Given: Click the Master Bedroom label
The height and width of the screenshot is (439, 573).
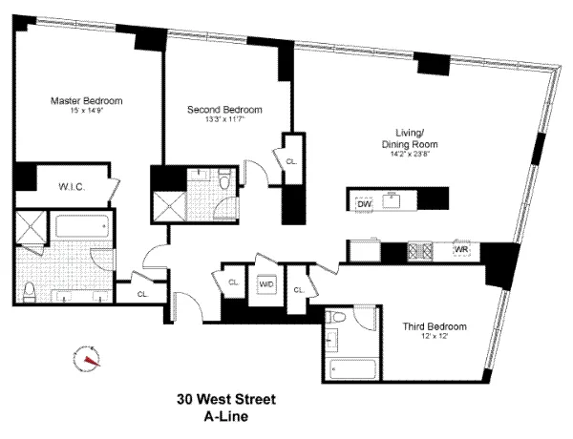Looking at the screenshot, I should tap(86, 100).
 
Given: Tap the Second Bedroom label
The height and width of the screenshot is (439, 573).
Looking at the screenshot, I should tap(224, 110).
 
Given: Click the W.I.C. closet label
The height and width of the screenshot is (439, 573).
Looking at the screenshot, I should tap(72, 188).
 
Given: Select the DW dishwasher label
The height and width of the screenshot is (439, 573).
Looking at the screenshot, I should tap(364, 204).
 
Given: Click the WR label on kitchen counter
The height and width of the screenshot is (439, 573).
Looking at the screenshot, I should tap(461, 251).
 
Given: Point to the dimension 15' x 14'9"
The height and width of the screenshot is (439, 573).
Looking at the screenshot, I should tap(86, 112).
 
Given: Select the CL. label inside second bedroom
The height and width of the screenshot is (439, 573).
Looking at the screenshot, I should tap(291, 162).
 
